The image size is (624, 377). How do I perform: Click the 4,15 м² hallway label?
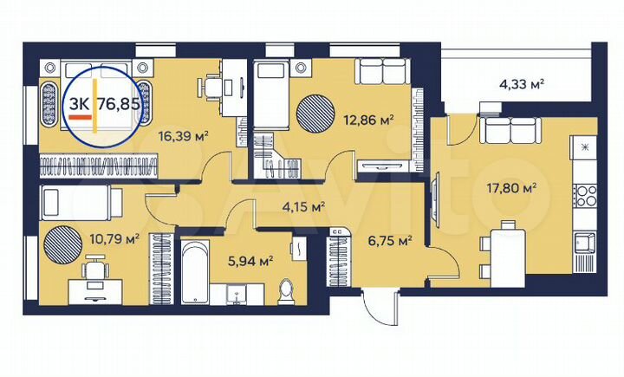(303, 207)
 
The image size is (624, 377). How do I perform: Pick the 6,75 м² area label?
(390, 241)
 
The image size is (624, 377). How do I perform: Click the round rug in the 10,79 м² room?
(64, 241)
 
